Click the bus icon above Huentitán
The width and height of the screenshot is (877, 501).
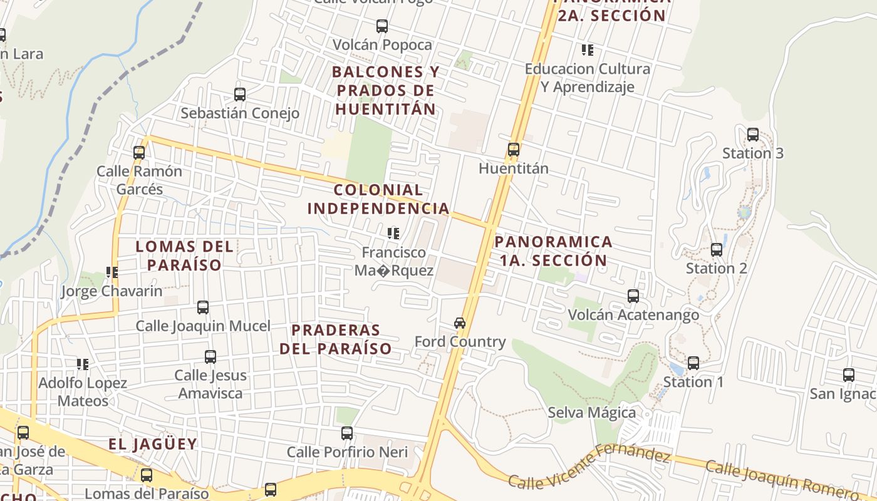pyautogui.click(x=514, y=150)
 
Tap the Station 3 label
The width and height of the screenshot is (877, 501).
pyautogui.click(x=752, y=153)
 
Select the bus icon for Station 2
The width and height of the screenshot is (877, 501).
pyautogui.click(x=717, y=250)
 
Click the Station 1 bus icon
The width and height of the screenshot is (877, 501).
pyautogui.click(x=693, y=363)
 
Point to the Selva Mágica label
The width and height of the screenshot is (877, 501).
pyautogui.click(x=591, y=413)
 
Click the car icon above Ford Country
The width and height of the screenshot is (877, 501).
pyautogui.click(x=460, y=323)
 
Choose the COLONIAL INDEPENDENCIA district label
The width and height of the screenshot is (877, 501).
pyautogui.click(x=378, y=199)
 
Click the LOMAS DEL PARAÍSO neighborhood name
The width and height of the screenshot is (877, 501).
pyautogui.click(x=185, y=256)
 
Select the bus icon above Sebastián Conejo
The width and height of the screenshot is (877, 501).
pyautogui.click(x=239, y=95)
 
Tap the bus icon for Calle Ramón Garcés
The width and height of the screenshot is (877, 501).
pyautogui.click(x=139, y=152)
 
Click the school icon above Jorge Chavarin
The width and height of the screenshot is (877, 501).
pyautogui.click(x=112, y=272)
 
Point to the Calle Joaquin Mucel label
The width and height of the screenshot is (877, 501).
pyautogui.click(x=203, y=326)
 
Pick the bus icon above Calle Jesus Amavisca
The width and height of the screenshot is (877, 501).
pyautogui.click(x=210, y=357)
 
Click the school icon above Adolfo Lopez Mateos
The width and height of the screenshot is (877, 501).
pyautogui.click(x=83, y=364)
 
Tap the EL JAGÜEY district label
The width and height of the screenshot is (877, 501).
pyautogui.click(x=153, y=444)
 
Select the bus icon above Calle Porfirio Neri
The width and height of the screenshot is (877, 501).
pyautogui.click(x=347, y=433)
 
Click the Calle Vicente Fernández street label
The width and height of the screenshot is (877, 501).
pyautogui.click(x=589, y=467)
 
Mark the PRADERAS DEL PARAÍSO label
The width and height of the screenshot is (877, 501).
pyautogui.click(x=336, y=339)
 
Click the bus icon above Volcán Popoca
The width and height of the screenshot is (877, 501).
pyautogui.click(x=382, y=26)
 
